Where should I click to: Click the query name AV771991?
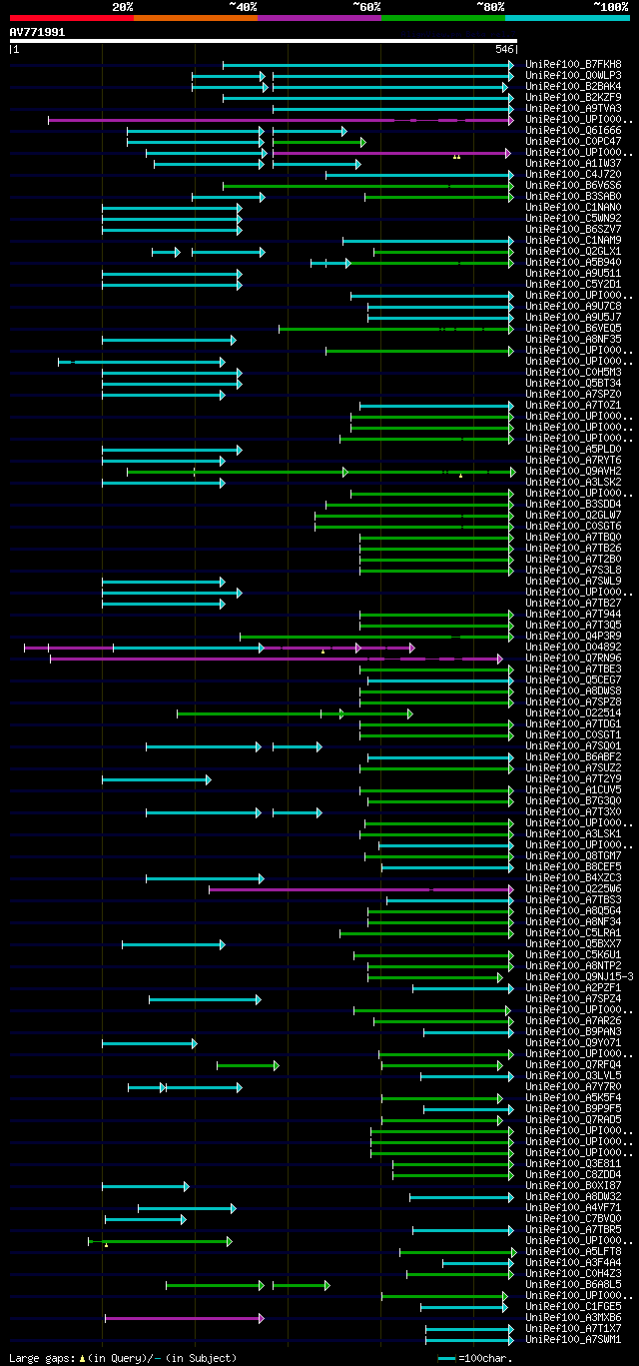38,32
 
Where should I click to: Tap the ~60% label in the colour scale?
366,6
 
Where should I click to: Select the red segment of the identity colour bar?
71,17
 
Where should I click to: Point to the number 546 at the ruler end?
504,48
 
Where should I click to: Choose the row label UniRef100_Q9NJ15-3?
579,977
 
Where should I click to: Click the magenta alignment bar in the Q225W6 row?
359,889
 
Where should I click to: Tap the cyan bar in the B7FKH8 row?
367,65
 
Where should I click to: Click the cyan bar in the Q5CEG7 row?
439,681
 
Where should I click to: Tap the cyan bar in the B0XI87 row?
145,1186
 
